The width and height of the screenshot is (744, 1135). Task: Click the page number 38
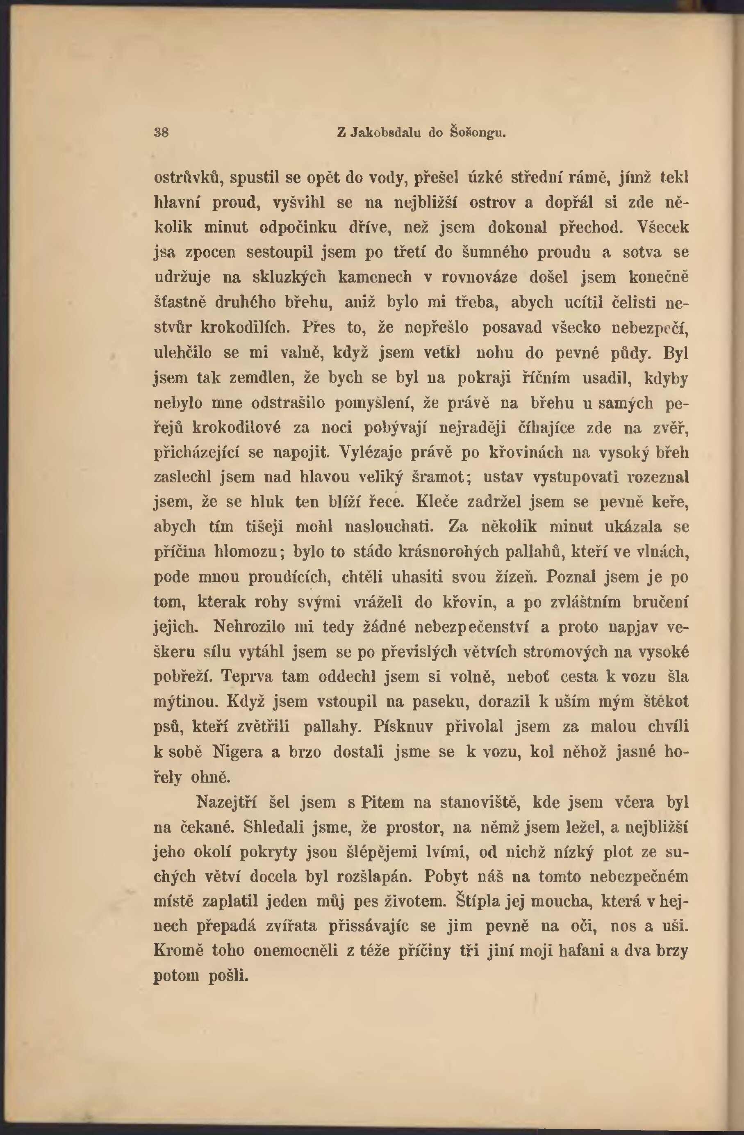(x=161, y=132)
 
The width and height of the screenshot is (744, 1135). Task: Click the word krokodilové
(x=236, y=427)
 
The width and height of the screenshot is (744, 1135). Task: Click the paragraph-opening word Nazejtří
(x=226, y=802)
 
